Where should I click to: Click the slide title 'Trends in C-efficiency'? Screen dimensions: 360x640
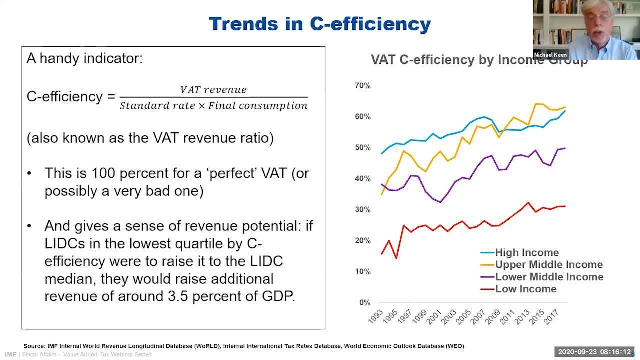tap(319, 24)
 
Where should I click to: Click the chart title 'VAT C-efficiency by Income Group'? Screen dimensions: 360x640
tap(479, 60)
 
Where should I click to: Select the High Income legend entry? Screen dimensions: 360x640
tap(526, 253)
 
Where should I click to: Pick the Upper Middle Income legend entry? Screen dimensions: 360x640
tap(548, 265)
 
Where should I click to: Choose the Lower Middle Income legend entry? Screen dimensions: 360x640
tap(549, 277)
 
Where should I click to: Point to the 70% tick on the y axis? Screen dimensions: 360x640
tap(362, 86)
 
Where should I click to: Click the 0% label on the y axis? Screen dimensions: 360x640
tap(364, 303)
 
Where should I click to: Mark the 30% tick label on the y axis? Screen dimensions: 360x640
tap(362, 210)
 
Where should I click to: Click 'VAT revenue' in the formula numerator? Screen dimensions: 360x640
tap(213, 90)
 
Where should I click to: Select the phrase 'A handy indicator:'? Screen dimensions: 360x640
tap(85, 58)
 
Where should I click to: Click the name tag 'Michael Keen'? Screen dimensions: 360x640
tap(550, 55)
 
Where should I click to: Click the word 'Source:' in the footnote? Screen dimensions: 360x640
tap(34, 346)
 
